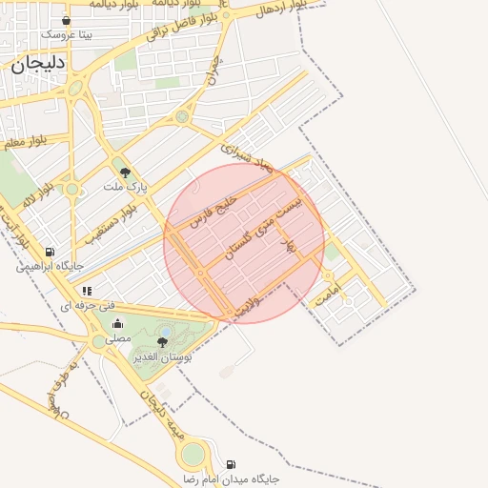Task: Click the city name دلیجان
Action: [38, 66]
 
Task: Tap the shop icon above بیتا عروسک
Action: [66, 20]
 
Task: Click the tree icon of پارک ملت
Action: [125, 173]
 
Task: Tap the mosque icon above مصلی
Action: [117, 324]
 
